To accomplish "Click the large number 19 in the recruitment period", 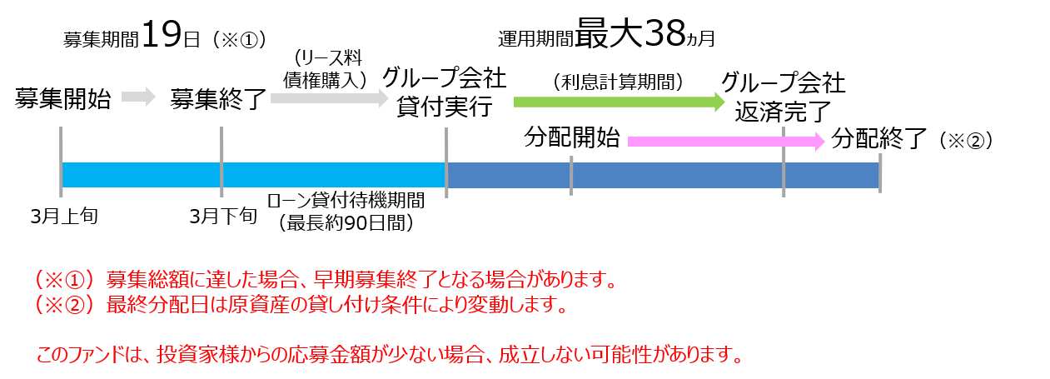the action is tap(161, 34).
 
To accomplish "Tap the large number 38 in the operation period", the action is tap(665, 33).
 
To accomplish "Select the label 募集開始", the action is tap(62, 98).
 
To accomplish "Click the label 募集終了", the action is tap(218, 99).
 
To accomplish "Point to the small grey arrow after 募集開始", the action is tap(138, 97).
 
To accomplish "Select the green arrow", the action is tap(620, 102).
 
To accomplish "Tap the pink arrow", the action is tap(726, 141).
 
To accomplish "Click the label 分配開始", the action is tap(572, 137).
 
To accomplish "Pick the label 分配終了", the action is tap(879, 139).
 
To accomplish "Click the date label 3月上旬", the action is tap(64, 217).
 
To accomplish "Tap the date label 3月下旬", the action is tap(223, 217).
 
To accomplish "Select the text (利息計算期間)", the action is tap(619, 82).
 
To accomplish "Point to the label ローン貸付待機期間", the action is tap(346, 201).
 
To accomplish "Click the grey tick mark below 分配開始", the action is tap(571, 176).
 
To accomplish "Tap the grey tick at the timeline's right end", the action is tap(880, 173).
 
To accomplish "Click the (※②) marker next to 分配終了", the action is tap(966, 140).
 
